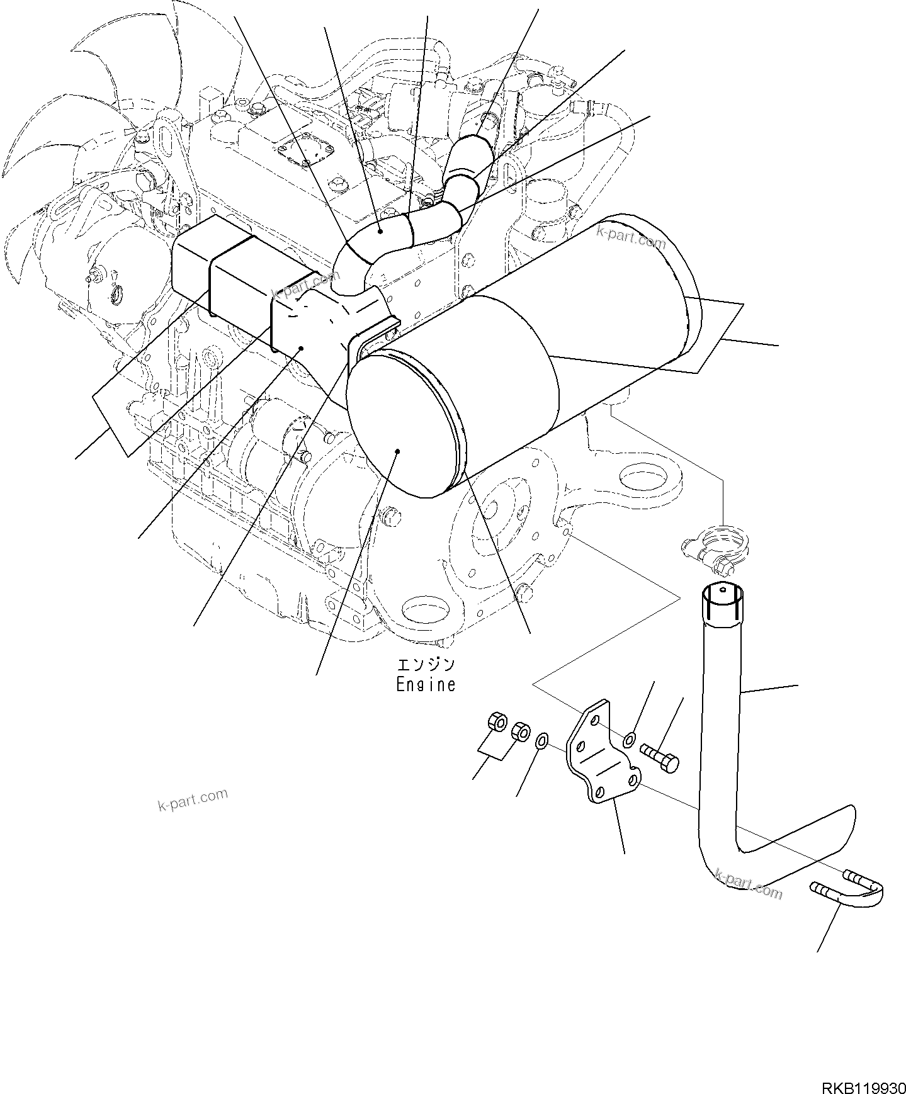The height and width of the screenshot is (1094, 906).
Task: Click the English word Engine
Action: click(x=426, y=685)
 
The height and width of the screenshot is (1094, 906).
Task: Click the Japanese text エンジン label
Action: click(x=426, y=665)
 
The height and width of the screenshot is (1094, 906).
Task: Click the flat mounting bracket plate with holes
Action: click(x=601, y=752)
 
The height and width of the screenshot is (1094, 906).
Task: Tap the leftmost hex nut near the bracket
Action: click(x=497, y=722)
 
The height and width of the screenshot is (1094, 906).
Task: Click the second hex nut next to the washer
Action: click(x=521, y=733)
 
